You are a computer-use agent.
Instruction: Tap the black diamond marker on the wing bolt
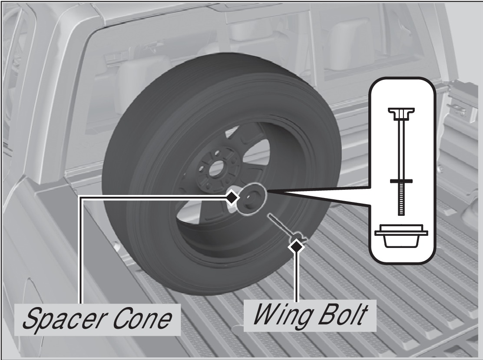tap(298, 246)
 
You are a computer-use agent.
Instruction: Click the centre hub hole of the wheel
tap(215, 170)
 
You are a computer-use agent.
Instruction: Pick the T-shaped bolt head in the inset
tap(401, 113)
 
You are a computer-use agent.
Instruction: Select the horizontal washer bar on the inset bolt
tap(401, 181)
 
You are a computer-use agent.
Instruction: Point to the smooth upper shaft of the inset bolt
tap(401, 148)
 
